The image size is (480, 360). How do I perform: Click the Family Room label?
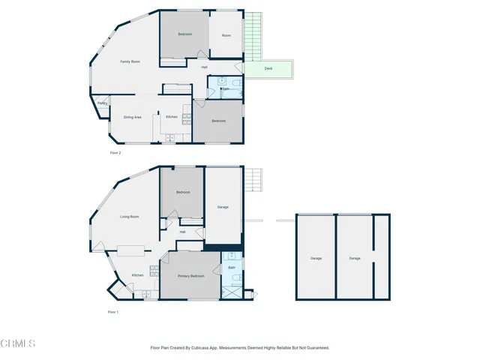click(130, 61)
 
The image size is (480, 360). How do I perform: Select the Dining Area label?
click(132, 117)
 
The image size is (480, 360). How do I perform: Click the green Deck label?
click(268, 69)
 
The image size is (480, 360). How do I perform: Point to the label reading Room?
click(225, 34)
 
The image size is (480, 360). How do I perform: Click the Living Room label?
click(130, 217)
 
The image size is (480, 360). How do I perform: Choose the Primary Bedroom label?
click(190, 276)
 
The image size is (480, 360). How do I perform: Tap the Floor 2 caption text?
click(115, 152)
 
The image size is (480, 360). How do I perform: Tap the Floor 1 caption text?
click(112, 311)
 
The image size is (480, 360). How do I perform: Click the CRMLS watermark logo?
click(18, 343)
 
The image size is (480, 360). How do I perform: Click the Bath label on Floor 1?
click(232, 267)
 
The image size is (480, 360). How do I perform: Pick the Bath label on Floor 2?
click(226, 89)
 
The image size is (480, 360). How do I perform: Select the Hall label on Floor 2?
click(204, 67)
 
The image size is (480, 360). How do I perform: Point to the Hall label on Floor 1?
click(182, 232)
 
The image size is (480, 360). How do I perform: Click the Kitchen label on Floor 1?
click(137, 275)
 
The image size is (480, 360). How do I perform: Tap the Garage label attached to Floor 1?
click(223, 207)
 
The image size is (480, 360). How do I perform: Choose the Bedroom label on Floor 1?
click(183, 192)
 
